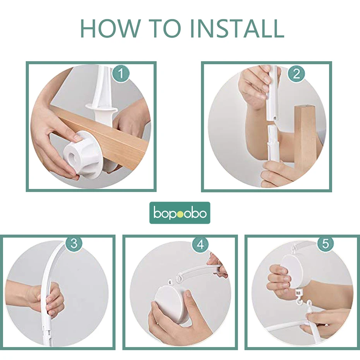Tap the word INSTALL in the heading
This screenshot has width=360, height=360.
tap(237, 29)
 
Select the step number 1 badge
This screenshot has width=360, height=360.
tap(121, 74)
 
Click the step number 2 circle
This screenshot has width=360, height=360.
tap(297, 74)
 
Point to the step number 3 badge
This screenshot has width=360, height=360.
tap(74, 243)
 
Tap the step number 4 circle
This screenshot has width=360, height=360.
tap(201, 244)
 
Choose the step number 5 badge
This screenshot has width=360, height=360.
tap(325, 243)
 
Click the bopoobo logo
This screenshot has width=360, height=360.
tap(180, 213)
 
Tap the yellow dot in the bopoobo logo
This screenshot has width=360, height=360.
tap(180, 214)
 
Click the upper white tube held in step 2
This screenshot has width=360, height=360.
tap(273, 93)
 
